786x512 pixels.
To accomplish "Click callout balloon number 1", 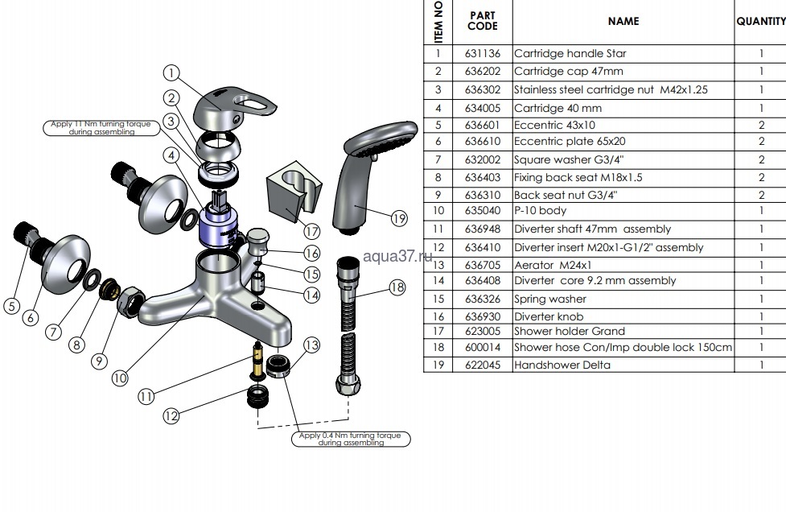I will point(171,72).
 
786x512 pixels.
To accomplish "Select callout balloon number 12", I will point(171,416).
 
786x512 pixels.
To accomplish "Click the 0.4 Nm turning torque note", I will point(351,439).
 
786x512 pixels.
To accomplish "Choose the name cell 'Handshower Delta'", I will point(562,365).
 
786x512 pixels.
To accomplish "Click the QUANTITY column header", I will point(760,22).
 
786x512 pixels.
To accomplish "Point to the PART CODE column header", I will point(483,21).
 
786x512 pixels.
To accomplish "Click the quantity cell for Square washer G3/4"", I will point(760,159).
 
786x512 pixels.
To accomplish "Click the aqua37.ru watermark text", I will point(398,256).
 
